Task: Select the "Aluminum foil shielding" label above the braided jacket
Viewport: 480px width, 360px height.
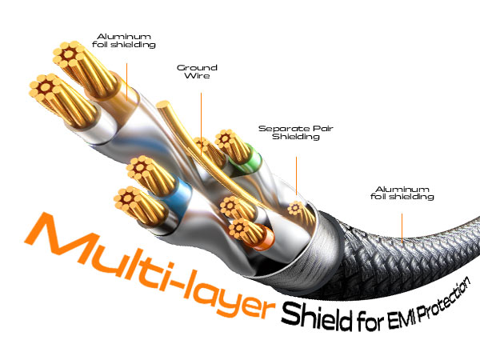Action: point(403,193)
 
